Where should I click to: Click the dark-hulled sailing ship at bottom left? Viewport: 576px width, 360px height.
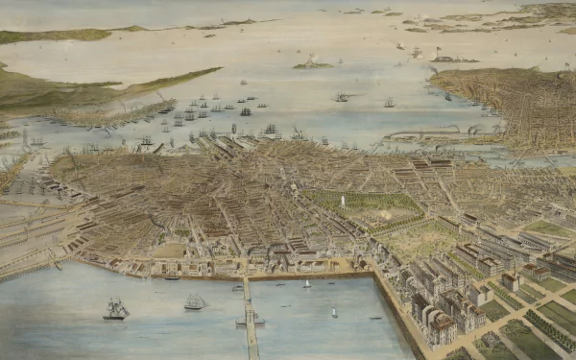pos(116,309)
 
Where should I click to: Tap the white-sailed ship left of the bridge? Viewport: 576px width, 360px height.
pos(195,302)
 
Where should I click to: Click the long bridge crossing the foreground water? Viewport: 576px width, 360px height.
pos(251,317)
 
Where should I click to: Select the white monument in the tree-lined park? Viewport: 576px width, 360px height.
pos(343,202)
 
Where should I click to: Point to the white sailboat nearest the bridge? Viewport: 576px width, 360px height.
pos(306,284)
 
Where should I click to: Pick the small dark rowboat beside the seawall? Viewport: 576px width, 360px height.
pos(171,277)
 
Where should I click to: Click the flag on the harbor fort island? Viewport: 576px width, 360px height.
pos(438,49)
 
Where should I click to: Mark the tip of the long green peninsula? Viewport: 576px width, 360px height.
pos(215,70)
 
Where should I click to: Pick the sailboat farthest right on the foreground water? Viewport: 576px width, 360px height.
pos(334,312)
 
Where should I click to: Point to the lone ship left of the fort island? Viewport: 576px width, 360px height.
pos(341,97)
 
